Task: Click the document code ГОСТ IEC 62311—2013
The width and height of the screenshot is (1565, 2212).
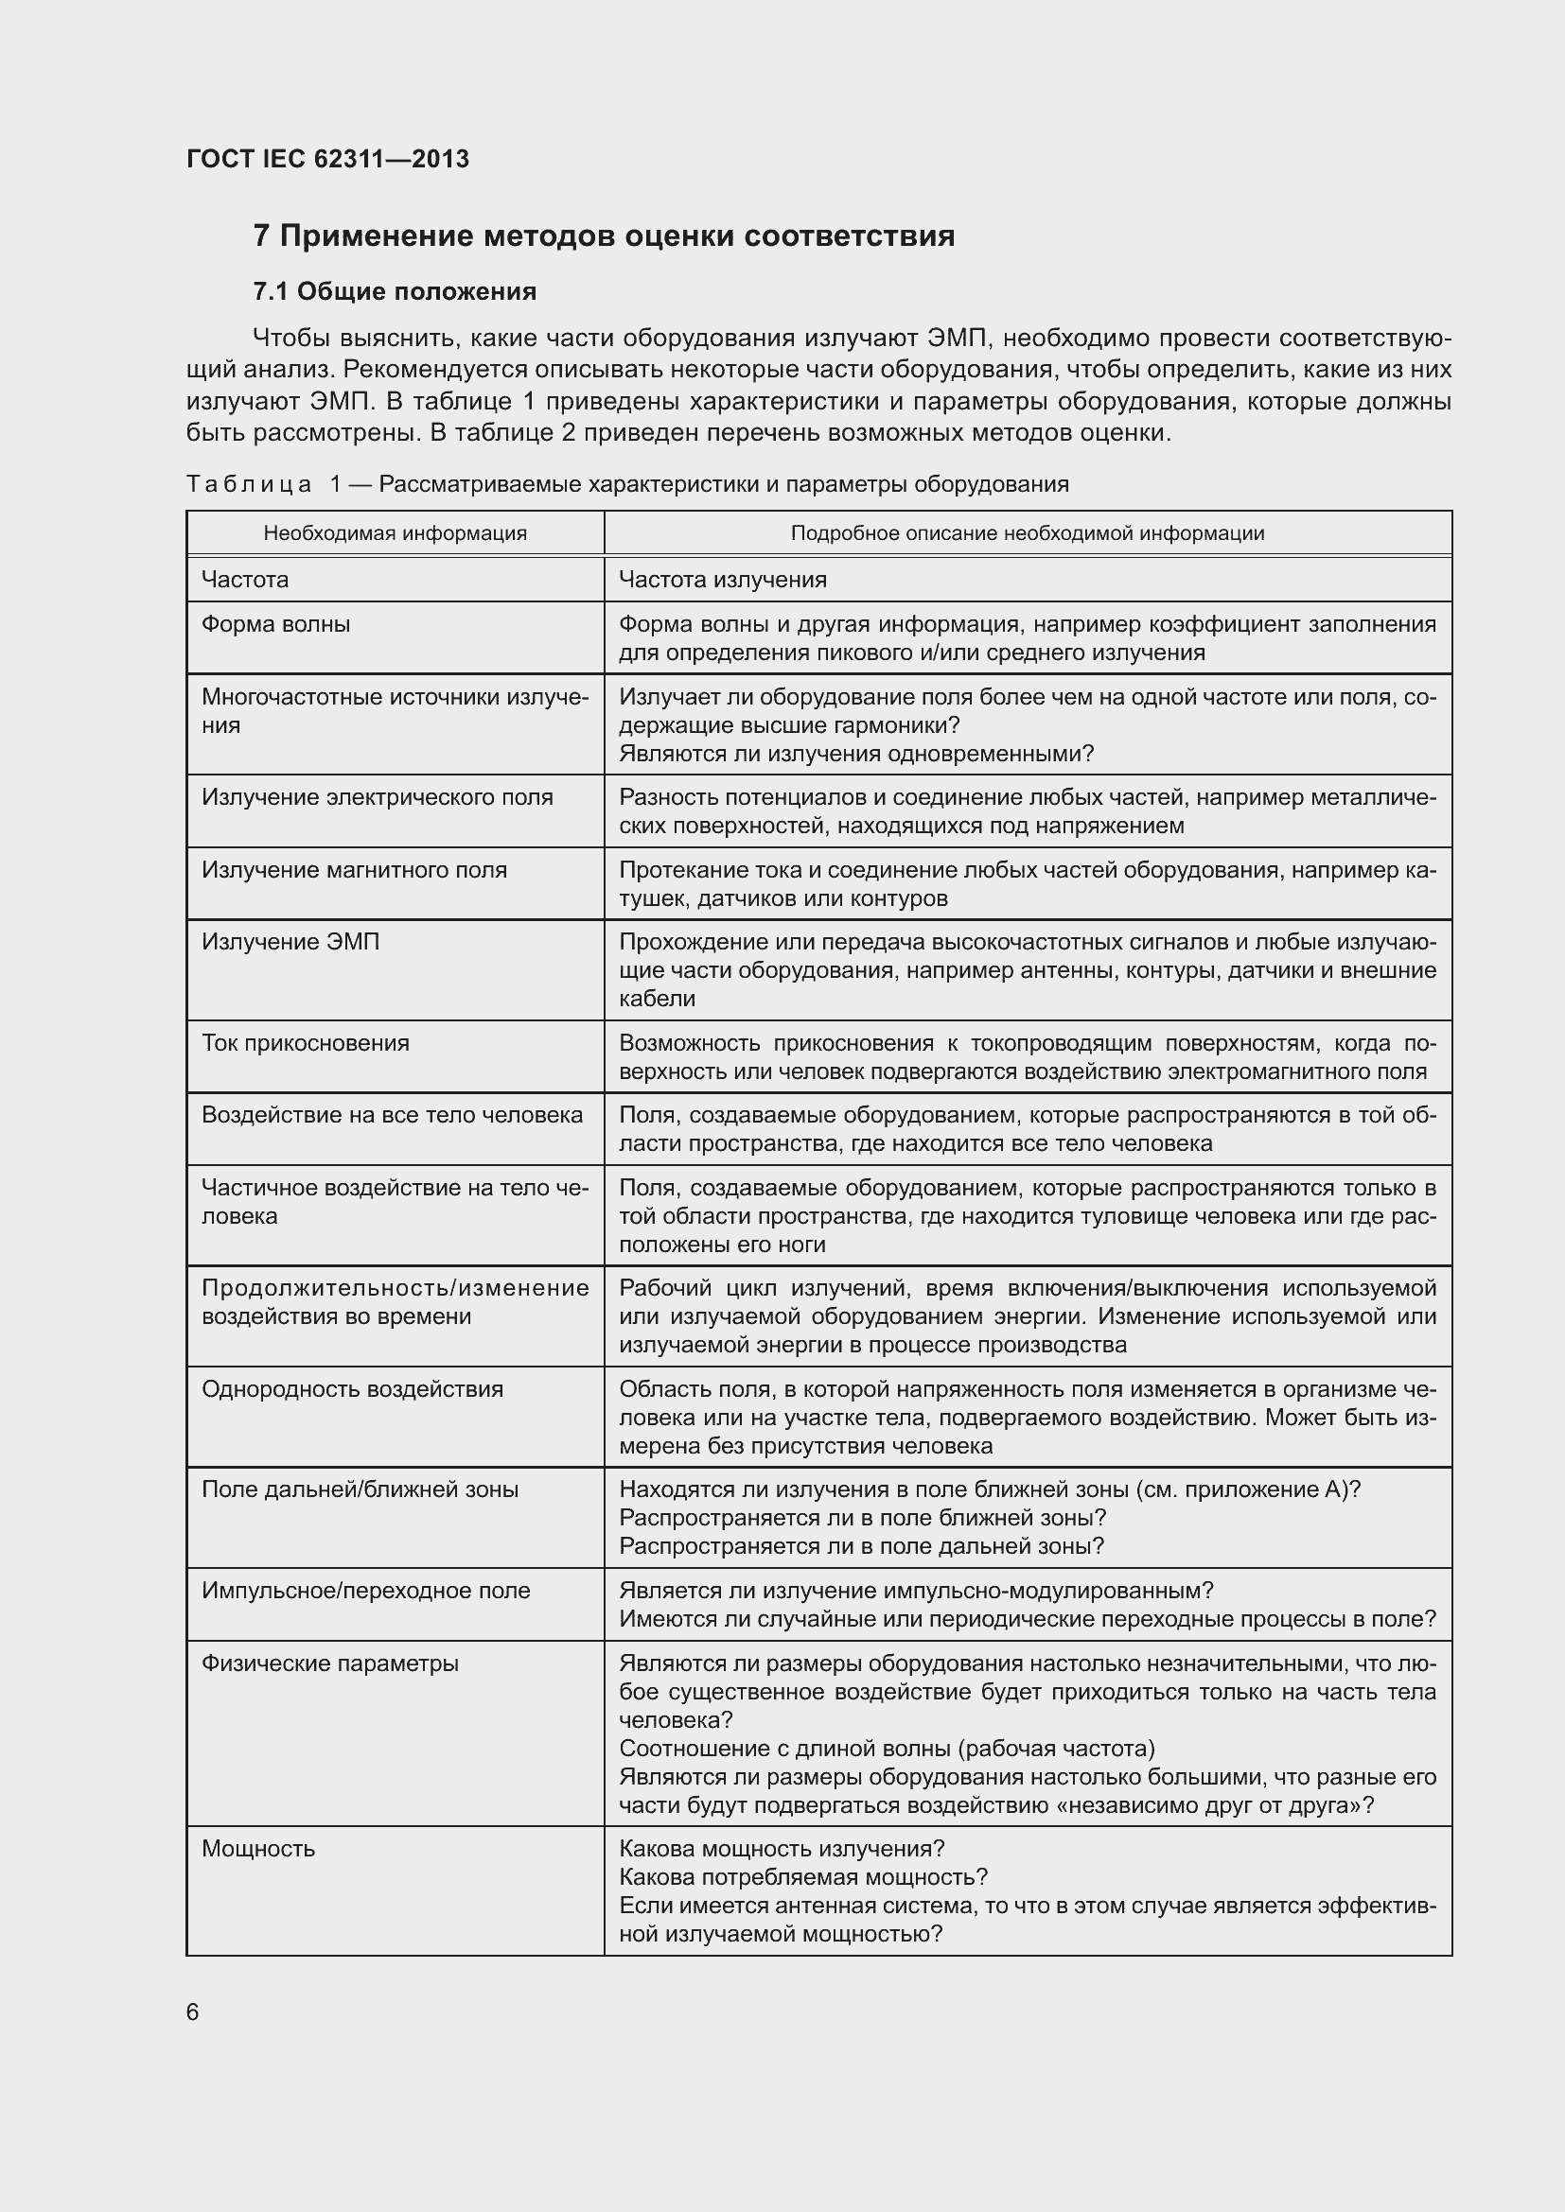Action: coord(327,160)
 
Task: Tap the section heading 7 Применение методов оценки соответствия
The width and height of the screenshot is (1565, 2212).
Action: coord(604,236)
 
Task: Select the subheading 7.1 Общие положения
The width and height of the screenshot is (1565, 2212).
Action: coord(395,292)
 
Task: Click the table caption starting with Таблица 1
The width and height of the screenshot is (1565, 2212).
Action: coord(627,483)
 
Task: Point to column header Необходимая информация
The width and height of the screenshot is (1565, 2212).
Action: coord(396,533)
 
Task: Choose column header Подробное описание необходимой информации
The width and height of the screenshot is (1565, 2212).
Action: coord(1028,533)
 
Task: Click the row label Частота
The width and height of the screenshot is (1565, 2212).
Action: coord(245,580)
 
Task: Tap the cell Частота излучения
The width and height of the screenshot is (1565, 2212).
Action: coord(723,580)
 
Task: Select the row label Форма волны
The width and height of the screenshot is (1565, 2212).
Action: coord(275,624)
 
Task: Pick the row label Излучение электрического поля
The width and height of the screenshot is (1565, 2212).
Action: coord(377,798)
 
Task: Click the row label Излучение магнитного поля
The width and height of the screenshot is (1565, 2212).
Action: coord(354,870)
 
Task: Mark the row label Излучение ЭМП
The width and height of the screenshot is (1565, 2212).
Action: coord(290,942)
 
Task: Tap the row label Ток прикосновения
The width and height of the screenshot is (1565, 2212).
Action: coord(306,1043)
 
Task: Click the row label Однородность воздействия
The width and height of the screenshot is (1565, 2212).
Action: coord(352,1389)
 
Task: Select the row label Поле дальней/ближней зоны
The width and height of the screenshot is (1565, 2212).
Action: coord(360,1489)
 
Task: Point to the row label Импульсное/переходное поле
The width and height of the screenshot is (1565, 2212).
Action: coord(365,1591)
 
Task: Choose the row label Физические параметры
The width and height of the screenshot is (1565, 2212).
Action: coord(329,1663)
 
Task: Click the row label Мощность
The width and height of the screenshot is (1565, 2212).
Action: coord(258,1849)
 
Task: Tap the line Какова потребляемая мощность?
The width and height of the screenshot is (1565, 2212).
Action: coord(803,1876)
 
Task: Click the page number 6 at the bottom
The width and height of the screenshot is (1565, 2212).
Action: coord(193,2012)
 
